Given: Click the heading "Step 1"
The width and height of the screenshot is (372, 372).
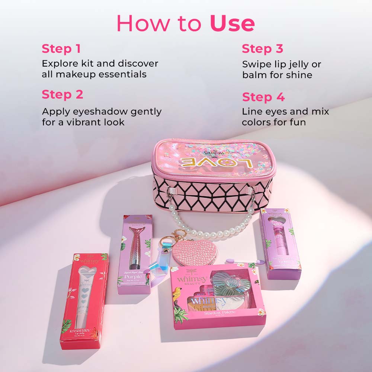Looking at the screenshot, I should point(61,49).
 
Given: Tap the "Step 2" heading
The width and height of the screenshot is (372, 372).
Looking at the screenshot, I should point(62,94).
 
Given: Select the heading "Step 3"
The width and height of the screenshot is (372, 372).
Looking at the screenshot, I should point(262,49).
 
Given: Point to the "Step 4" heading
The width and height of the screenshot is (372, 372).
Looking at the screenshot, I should point(263,97).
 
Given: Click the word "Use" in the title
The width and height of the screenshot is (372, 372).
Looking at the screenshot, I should point(232,23).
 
